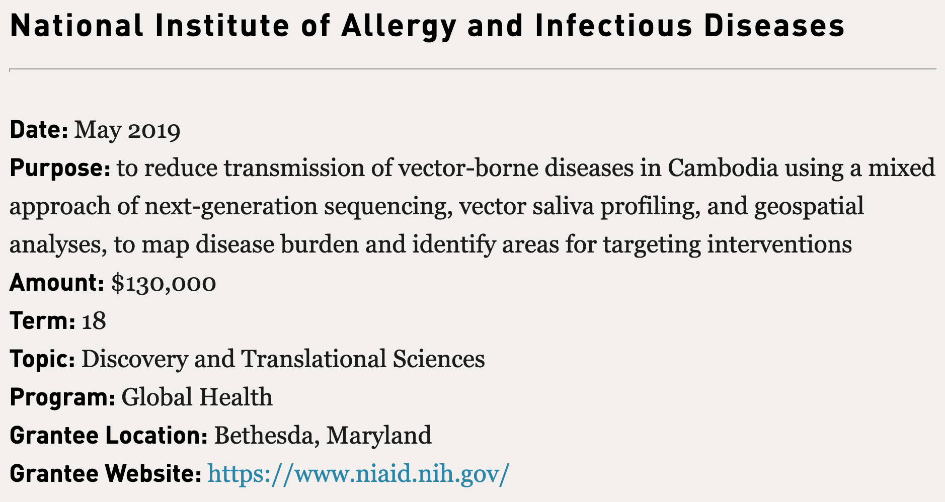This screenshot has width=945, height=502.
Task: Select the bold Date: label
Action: pos(39,130)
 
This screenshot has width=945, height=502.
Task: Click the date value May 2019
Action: pos(127,131)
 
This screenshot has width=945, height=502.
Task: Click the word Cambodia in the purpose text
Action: pos(723,168)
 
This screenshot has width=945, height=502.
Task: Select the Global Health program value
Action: pos(197,397)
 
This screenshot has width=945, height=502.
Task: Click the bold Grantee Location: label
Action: pos(109,436)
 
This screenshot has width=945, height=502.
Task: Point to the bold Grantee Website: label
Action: pos(106,474)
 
